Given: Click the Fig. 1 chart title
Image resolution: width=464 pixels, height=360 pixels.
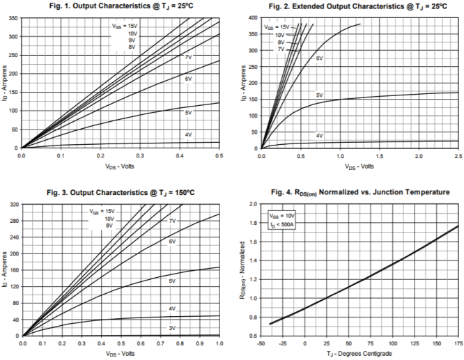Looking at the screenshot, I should (119, 6).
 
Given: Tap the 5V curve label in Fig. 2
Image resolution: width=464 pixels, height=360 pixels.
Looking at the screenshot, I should (320, 95).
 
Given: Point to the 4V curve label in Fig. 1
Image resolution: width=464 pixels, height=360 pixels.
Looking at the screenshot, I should (189, 135).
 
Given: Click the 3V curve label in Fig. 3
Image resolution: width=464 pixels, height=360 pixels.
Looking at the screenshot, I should (171, 327).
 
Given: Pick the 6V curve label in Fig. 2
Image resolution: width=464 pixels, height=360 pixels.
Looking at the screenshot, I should (319, 58).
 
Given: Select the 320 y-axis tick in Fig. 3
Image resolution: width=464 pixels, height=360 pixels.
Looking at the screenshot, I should (13, 205).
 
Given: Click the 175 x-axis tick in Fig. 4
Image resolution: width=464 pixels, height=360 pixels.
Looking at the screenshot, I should (458, 343).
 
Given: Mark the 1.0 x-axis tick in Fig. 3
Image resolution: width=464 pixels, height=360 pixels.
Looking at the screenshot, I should (219, 343).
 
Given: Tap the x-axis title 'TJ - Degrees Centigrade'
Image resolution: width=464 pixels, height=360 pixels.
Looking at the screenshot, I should (359, 353).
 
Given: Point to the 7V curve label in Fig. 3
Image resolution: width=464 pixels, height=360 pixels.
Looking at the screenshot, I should (171, 221).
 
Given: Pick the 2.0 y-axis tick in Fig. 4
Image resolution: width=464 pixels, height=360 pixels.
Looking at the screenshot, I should (252, 205).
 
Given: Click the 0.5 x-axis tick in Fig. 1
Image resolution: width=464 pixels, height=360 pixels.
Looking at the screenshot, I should (219, 155).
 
